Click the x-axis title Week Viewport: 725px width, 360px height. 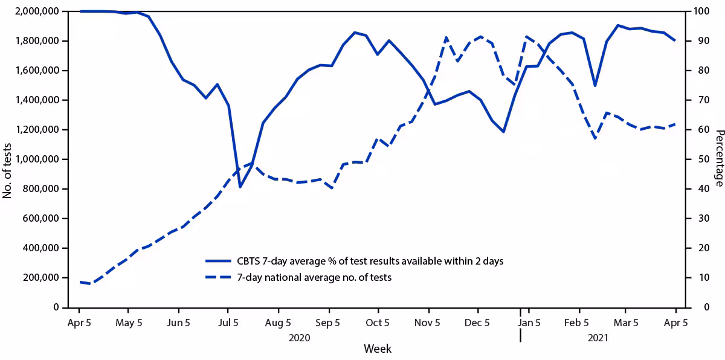(377, 349)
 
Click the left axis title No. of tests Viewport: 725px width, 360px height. (8, 159)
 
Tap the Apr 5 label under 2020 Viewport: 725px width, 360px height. (79, 323)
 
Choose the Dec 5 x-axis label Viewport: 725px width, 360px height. (477, 323)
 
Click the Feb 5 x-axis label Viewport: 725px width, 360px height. (576, 323)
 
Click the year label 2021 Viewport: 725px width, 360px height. (598, 338)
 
